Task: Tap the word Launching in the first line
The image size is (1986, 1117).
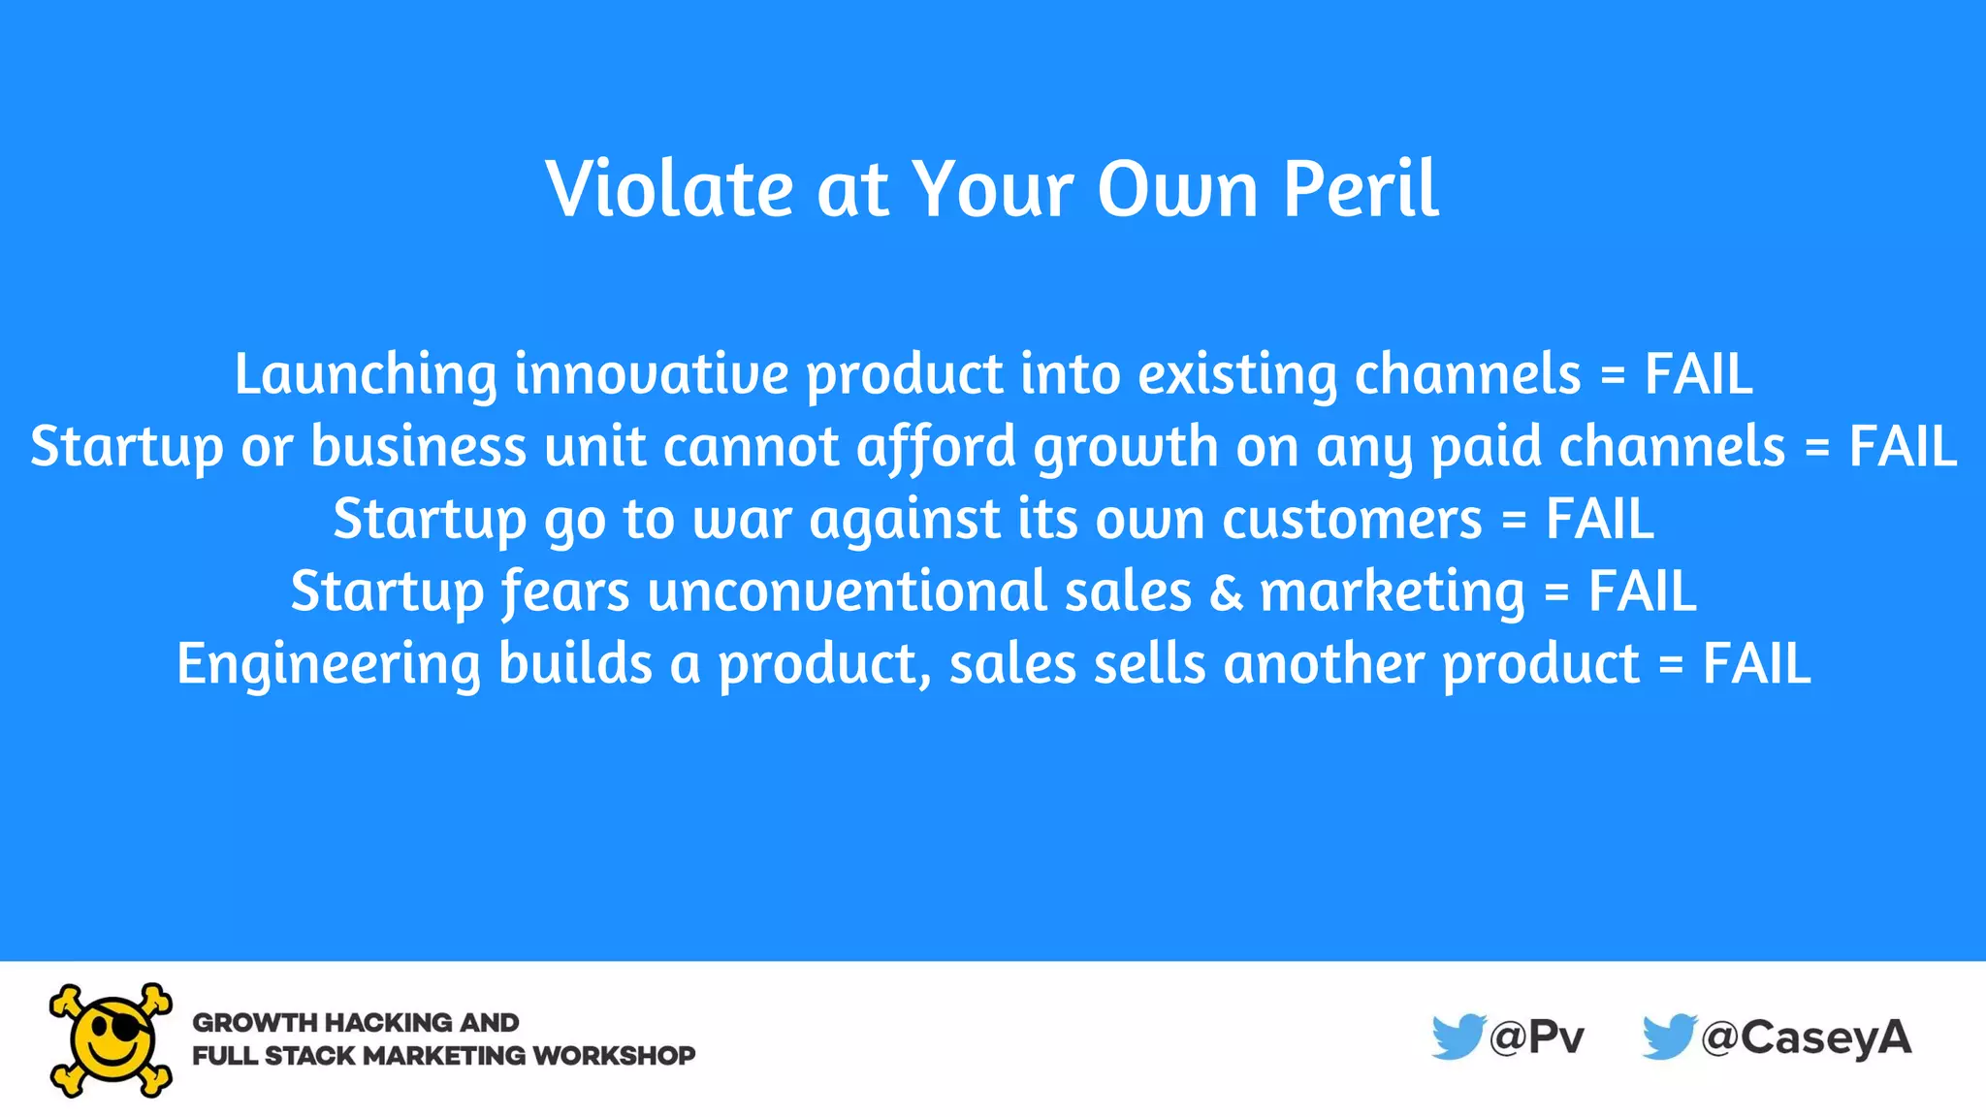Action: (x=366, y=374)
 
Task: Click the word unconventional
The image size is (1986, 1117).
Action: (x=847, y=591)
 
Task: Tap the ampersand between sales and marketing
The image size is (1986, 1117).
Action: (x=1226, y=591)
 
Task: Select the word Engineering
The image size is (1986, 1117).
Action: (x=328, y=665)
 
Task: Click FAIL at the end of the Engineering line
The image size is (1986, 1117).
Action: (x=1756, y=664)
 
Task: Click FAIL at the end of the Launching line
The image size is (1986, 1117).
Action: (x=1698, y=374)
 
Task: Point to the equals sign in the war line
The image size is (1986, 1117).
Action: (x=1513, y=521)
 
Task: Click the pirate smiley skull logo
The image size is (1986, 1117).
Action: (x=112, y=1039)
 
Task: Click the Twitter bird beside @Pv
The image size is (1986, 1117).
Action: (x=1457, y=1037)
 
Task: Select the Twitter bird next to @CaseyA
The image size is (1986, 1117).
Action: (x=1668, y=1037)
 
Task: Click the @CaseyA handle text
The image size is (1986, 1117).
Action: (x=1806, y=1037)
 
